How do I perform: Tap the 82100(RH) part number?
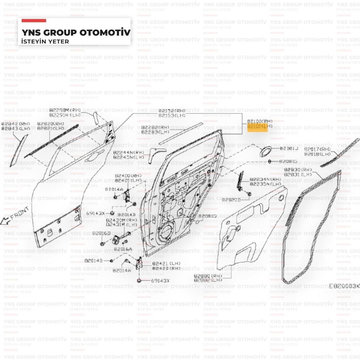260,122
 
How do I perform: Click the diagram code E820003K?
344,286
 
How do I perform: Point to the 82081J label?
288,148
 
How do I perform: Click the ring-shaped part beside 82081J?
265,152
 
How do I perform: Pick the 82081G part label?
288,162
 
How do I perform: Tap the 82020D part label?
231,200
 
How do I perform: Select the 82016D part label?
101,233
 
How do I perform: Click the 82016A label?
123,249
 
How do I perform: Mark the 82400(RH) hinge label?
128,176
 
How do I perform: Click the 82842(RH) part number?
15,124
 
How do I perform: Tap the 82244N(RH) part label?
129,152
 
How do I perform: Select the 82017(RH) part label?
317,149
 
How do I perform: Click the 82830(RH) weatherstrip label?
298,170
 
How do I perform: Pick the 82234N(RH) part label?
265,179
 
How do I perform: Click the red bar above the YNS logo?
34,21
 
